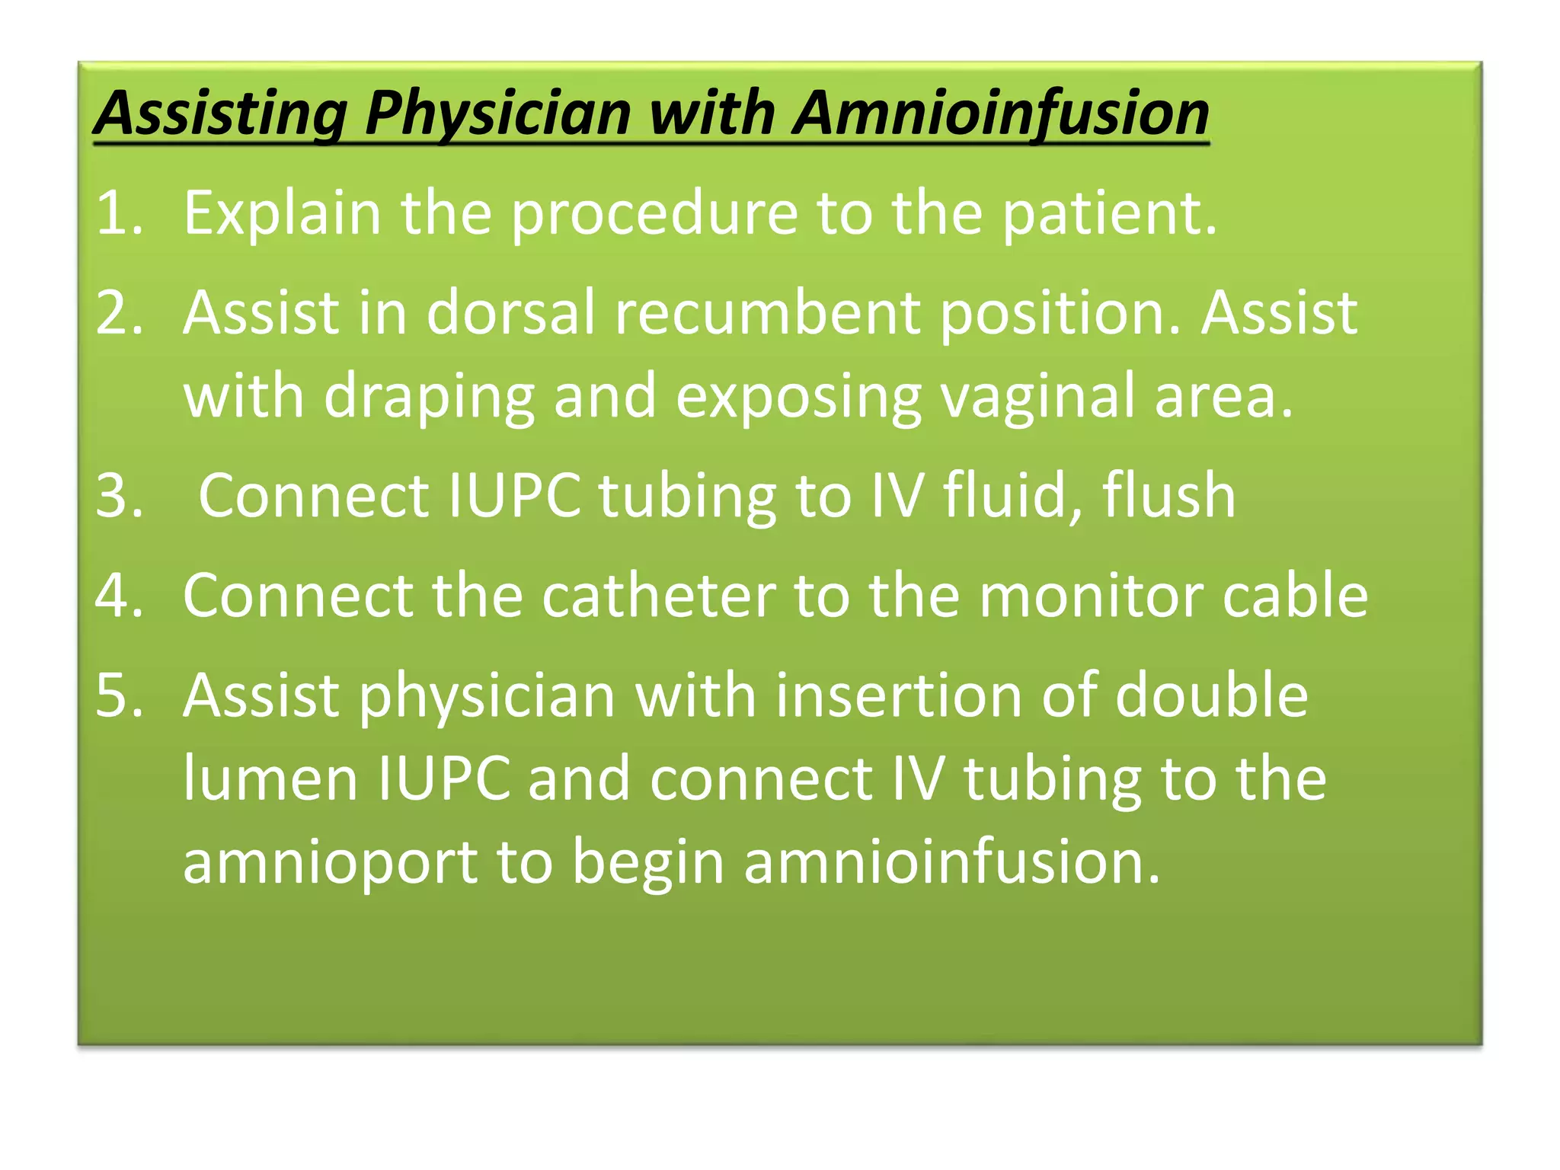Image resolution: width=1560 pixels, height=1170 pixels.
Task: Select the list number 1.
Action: pos(119,213)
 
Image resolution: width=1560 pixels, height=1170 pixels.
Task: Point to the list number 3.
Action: pos(119,495)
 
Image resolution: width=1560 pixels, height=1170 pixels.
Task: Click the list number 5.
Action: pos(119,695)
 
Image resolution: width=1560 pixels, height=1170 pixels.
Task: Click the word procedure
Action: pos(654,214)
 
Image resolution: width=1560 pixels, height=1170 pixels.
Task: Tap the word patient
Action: pos(1109,213)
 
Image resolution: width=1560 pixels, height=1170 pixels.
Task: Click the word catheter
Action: pos(659,595)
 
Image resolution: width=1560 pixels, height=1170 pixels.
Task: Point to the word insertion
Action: pos(899,695)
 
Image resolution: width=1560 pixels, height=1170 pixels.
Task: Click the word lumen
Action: pos(270,778)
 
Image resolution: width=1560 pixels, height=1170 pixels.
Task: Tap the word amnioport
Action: pos(330,864)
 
